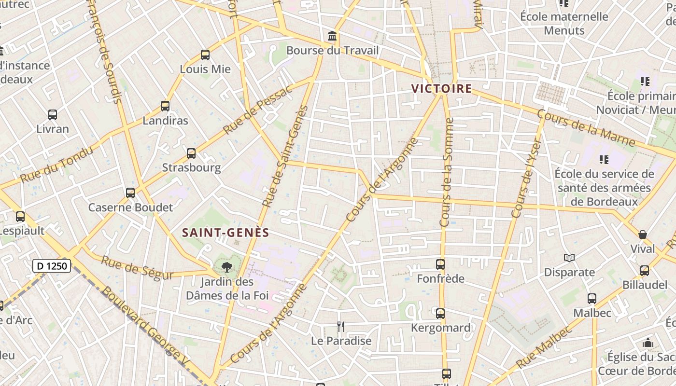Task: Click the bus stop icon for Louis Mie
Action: click(x=205, y=55)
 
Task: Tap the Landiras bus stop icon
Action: click(x=165, y=106)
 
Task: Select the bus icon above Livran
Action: click(x=53, y=115)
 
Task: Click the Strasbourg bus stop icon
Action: click(x=191, y=153)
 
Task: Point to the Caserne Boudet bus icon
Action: click(x=130, y=193)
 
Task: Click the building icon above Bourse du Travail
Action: click(x=332, y=36)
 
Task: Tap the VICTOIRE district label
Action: click(x=441, y=89)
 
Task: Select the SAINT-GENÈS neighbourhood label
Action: click(x=225, y=233)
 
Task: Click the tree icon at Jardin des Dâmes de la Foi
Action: click(x=226, y=267)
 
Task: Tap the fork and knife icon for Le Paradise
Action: click(x=341, y=327)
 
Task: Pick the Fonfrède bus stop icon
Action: click(x=440, y=264)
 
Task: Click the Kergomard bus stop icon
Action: click(x=440, y=314)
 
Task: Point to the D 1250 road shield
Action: click(x=52, y=266)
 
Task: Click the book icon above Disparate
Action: click(x=570, y=258)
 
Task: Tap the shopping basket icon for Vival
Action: click(x=643, y=234)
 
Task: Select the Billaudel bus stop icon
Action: click(x=645, y=271)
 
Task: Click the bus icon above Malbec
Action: click(x=592, y=299)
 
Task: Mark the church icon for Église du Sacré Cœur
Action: click(x=648, y=343)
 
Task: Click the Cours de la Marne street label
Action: click(x=586, y=128)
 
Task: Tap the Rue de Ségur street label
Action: click(x=137, y=268)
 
